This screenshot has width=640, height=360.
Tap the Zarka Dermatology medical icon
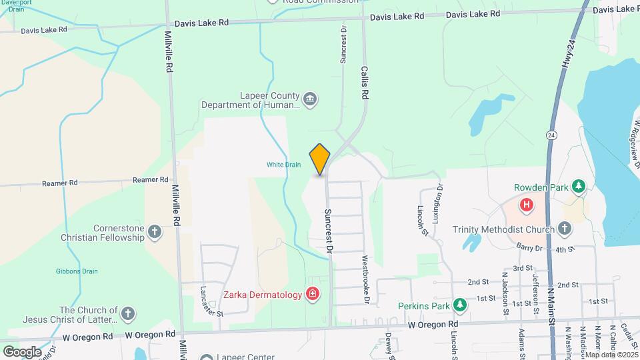312,294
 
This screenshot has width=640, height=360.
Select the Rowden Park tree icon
579,186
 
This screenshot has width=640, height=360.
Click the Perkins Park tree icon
459,305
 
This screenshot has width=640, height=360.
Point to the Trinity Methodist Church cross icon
564,230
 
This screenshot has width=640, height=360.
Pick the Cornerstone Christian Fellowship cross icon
155,232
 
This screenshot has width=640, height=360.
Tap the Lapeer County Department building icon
309,100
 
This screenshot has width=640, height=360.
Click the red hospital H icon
527,204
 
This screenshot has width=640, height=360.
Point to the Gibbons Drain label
77,271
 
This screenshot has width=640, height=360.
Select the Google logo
21,351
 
